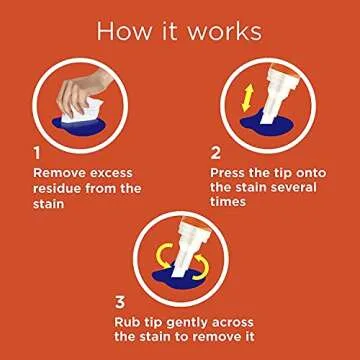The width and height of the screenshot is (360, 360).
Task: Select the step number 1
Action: pyautogui.click(x=37, y=154)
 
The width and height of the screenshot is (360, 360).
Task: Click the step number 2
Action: pyautogui.click(x=216, y=154)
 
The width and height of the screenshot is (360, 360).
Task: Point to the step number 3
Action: pyautogui.click(x=120, y=302)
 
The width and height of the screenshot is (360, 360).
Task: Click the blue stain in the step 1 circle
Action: pyautogui.click(x=80, y=127)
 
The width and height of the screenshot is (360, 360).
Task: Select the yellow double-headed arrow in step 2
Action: pyautogui.click(x=247, y=98)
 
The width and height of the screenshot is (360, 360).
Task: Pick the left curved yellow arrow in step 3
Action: pyautogui.click(x=163, y=256)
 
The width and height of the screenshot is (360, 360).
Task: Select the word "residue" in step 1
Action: pyautogui.click(x=57, y=189)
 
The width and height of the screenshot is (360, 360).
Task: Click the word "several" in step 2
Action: pyautogui.click(x=293, y=187)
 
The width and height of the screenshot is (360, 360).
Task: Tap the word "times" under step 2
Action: pyautogui.click(x=228, y=202)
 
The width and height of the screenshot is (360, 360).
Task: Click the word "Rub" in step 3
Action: pyautogui.click(x=126, y=322)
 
